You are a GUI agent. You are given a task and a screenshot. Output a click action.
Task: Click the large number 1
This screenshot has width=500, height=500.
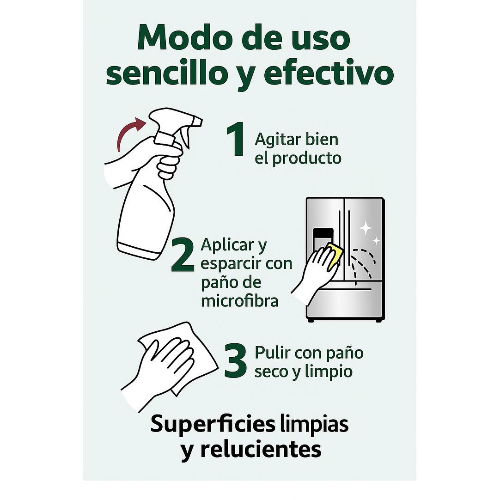click(x=236, y=140)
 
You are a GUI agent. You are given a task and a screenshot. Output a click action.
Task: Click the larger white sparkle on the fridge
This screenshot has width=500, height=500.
click(x=366, y=227)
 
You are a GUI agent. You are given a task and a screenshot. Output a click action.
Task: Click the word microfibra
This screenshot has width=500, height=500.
click(x=239, y=301)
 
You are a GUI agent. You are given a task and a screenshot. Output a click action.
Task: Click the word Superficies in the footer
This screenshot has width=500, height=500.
click(x=213, y=425)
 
